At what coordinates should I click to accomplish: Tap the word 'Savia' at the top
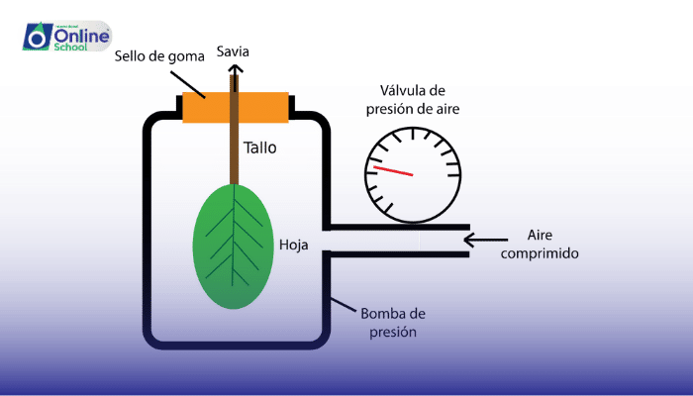(233, 50)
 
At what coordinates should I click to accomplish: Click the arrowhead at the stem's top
(236, 68)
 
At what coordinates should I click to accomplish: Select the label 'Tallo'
(260, 148)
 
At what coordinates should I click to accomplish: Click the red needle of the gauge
(393, 172)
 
